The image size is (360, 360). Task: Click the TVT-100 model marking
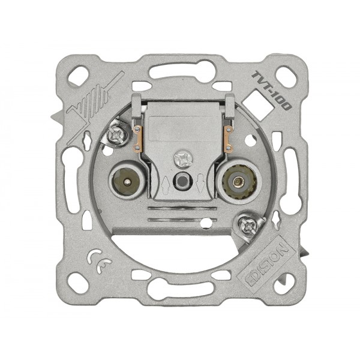[271, 91]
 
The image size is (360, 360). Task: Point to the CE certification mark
[99, 261]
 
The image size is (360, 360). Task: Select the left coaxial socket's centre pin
[127, 182]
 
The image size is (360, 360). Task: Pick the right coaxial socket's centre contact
[236, 182]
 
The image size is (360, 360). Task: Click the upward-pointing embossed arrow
[165, 185]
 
